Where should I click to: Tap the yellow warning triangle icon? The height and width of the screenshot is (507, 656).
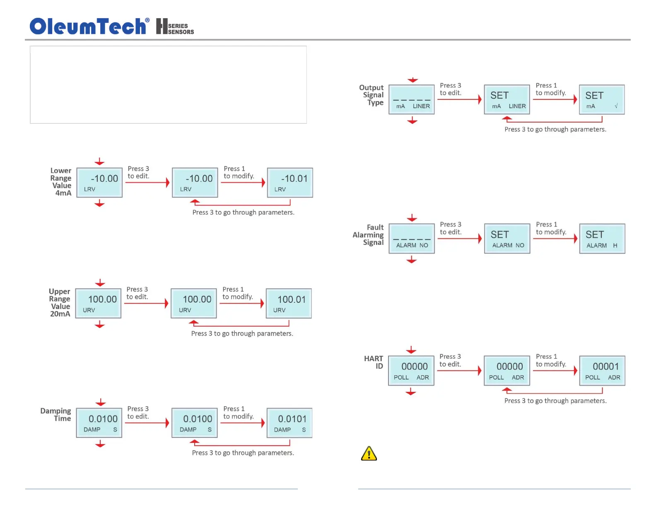coord(369,454)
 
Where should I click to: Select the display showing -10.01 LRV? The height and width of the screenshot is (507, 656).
coord(290,183)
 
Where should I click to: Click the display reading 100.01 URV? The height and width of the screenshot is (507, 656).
coord(289,304)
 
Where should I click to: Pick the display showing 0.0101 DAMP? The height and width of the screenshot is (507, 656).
coord(289,423)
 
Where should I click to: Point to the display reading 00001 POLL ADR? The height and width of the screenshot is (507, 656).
coord(602,371)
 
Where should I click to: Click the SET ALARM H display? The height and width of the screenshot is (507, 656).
coord(602,239)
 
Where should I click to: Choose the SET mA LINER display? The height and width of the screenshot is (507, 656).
coord(507,99)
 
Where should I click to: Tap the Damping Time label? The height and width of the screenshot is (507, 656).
coord(56,414)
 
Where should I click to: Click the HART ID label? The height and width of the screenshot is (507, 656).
coord(374,362)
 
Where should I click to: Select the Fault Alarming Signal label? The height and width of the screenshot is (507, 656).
coord(369,235)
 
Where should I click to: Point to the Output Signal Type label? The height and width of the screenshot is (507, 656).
coord(372,95)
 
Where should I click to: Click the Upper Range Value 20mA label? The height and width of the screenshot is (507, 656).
coord(60,302)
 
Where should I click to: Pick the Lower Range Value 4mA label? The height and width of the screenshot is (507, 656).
coord(61,181)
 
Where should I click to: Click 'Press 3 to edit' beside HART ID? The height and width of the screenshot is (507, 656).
coord(450,360)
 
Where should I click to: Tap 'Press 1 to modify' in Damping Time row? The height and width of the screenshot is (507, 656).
coord(239,413)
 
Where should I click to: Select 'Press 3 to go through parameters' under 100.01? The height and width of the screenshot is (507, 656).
coord(242,333)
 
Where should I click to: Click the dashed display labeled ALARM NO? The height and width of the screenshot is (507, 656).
coord(412,239)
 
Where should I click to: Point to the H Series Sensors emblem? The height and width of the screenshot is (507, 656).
coord(175,27)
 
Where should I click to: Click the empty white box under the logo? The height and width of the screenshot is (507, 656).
coord(168,84)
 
